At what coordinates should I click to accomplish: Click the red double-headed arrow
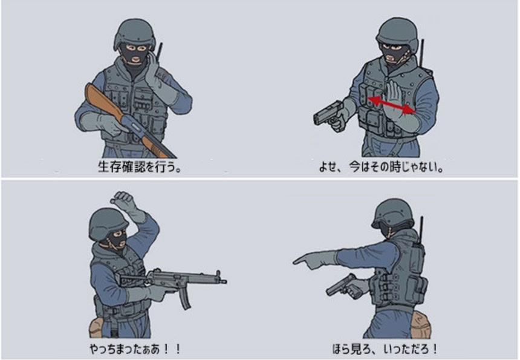click(x=391, y=105)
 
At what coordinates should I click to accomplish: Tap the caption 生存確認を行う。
click(x=140, y=166)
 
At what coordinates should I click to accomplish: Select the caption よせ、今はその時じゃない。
click(x=381, y=166)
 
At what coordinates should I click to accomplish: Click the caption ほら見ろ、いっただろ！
click(x=385, y=349)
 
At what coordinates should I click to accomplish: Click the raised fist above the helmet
click(x=122, y=198)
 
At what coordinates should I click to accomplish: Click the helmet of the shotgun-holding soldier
click(x=134, y=34)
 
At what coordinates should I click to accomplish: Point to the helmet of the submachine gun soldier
click(x=108, y=223)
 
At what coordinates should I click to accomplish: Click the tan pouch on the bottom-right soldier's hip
click(x=420, y=324)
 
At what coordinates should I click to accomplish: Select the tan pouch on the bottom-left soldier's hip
click(x=96, y=327)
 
